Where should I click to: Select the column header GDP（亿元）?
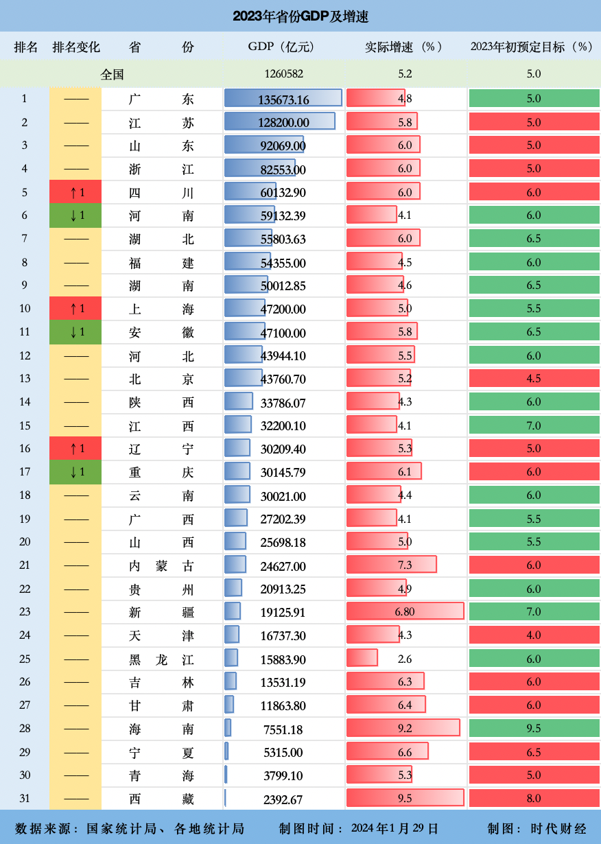(281, 47)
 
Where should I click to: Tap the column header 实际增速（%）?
(403, 47)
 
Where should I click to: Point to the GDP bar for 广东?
(283, 98)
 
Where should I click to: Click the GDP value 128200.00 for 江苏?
(283, 123)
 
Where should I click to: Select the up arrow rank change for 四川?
(75, 193)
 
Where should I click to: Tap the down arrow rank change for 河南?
(75, 216)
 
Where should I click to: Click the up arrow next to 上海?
(75, 309)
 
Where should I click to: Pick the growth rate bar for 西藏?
(405, 798)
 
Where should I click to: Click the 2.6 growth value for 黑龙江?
(405, 659)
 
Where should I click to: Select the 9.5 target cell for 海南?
(533, 729)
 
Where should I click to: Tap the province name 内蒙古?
(161, 566)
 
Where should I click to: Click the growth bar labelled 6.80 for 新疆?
(405, 611)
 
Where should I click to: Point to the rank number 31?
(25, 799)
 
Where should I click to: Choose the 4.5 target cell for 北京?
(533, 379)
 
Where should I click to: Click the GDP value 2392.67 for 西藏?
(283, 799)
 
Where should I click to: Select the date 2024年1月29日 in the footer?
(394, 828)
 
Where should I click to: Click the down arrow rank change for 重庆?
(75, 472)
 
